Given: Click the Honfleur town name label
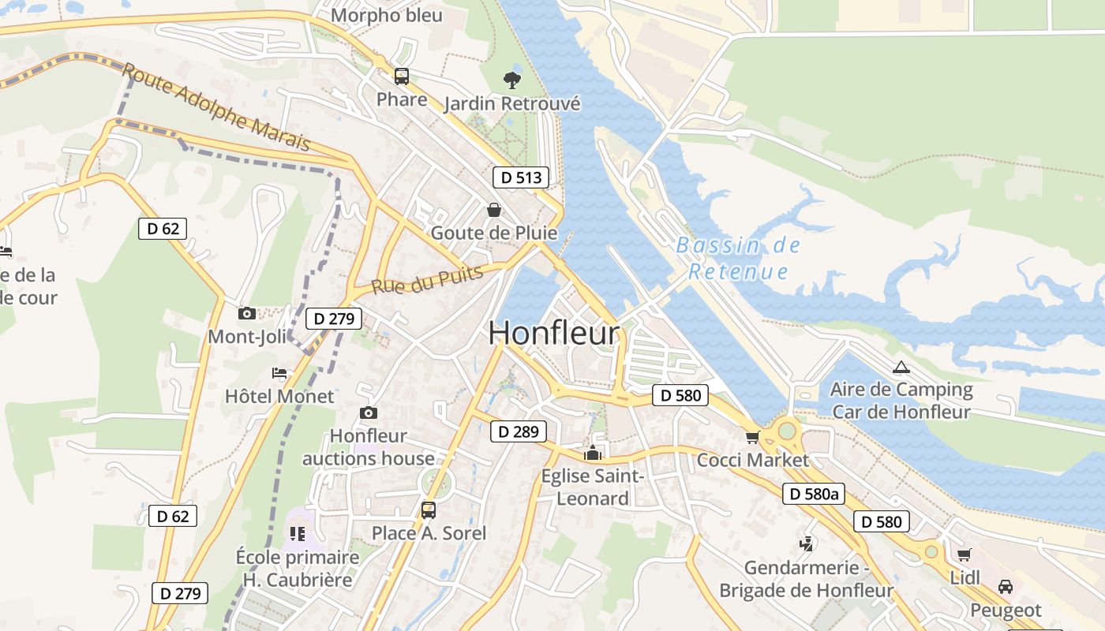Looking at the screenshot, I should click(553, 333).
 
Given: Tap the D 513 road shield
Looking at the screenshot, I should click(521, 177).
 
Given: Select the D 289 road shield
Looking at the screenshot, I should click(519, 431).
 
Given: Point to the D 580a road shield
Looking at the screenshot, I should click(814, 495).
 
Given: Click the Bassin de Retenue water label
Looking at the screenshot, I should click(739, 259).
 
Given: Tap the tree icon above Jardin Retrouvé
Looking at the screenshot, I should click(512, 80).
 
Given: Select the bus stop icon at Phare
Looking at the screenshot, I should click(402, 77).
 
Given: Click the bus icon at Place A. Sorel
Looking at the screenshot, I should click(429, 510).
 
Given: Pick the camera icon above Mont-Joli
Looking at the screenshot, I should click(247, 313).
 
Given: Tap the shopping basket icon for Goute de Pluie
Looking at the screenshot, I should click(494, 210).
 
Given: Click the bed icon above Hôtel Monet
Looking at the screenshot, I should click(279, 372).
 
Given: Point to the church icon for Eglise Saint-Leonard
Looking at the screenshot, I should click(592, 453).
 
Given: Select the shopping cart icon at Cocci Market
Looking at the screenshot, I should click(752, 436).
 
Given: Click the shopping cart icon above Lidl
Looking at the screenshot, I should click(964, 554).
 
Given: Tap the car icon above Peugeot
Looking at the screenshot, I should click(1006, 587).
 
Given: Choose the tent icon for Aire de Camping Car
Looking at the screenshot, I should click(901, 367).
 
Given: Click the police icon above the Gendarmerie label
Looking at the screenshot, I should click(806, 543).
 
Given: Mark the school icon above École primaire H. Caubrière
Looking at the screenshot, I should click(297, 534).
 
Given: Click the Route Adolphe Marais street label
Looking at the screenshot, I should click(216, 109).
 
